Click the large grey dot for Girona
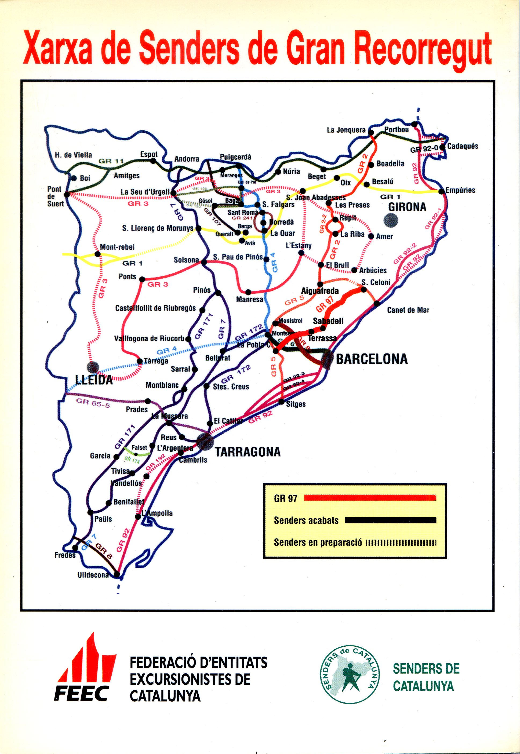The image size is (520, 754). [x=391, y=220]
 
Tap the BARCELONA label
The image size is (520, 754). [x=372, y=359]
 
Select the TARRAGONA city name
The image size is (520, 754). [x=248, y=452]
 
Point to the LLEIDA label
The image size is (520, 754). [x=94, y=380]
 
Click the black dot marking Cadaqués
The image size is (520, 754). [x=442, y=147]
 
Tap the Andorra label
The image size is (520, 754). [x=187, y=159]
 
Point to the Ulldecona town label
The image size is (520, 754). [x=93, y=575]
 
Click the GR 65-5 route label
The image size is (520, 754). [x=93, y=402]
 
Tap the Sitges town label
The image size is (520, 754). [x=296, y=404]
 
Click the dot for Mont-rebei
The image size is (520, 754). [x=97, y=254]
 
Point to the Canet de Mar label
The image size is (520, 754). [x=408, y=310]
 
